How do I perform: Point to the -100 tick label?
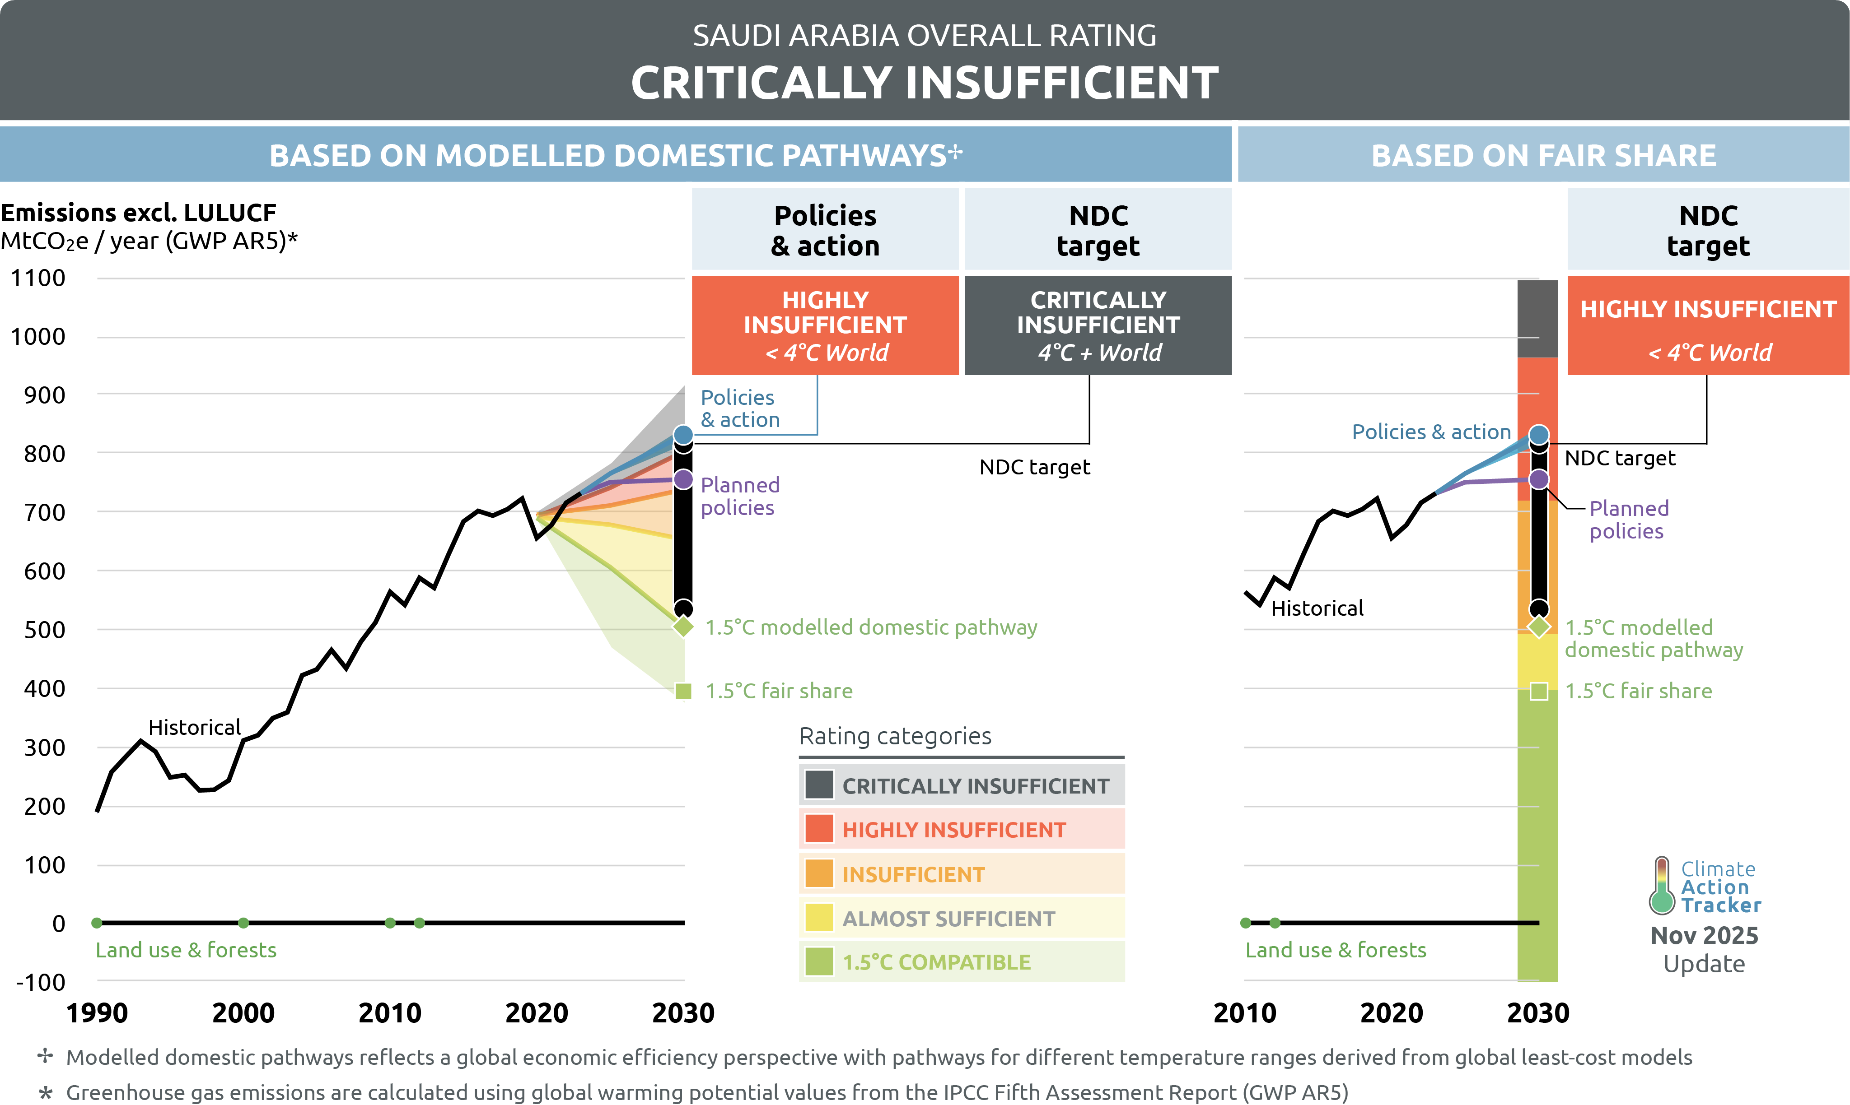(x=41, y=982)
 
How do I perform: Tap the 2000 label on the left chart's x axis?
(x=243, y=1012)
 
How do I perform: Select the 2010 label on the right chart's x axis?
(x=1244, y=1012)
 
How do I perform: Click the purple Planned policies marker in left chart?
(x=683, y=479)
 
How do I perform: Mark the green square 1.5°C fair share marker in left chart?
(x=683, y=691)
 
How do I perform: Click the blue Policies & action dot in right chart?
(x=1538, y=434)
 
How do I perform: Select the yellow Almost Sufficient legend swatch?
(x=819, y=917)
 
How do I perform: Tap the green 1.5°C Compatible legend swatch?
(x=819, y=961)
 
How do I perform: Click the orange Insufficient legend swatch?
(x=819, y=873)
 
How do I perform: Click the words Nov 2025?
(x=1704, y=935)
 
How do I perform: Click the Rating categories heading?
(x=895, y=736)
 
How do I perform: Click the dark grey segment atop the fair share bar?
(x=1537, y=319)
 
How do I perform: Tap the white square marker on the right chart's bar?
(x=1538, y=691)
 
